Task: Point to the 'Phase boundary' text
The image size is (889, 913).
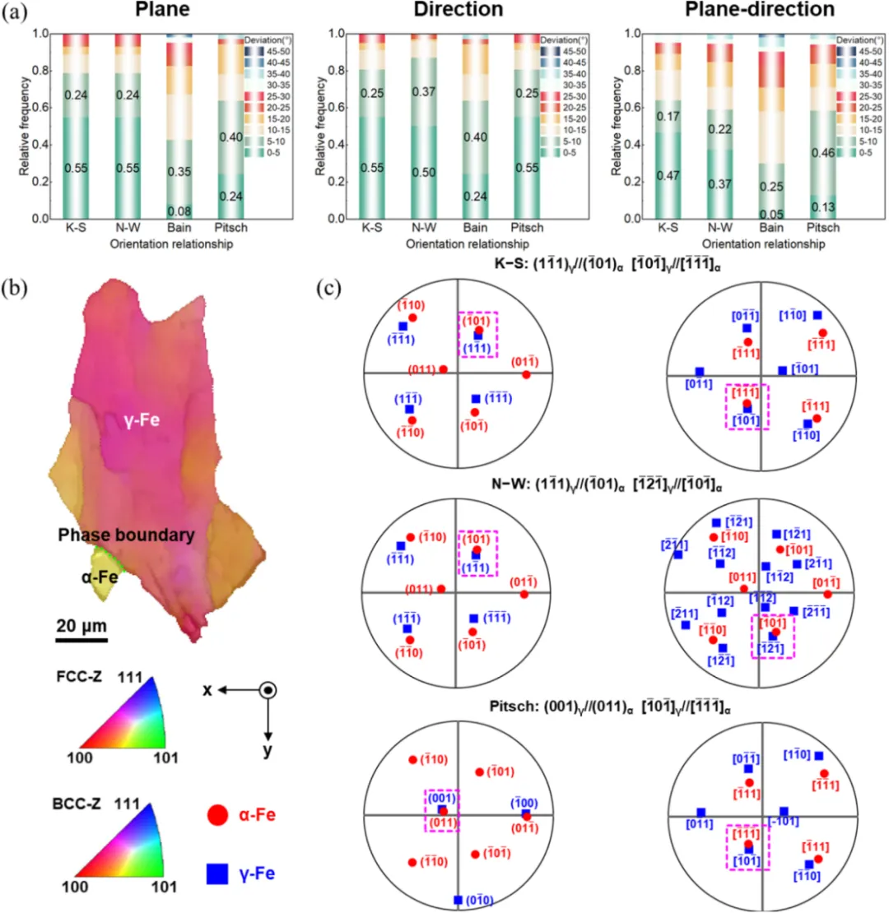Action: (126, 535)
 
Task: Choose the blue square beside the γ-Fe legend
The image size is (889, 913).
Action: (216, 874)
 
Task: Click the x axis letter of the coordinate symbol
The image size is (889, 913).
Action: (208, 690)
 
